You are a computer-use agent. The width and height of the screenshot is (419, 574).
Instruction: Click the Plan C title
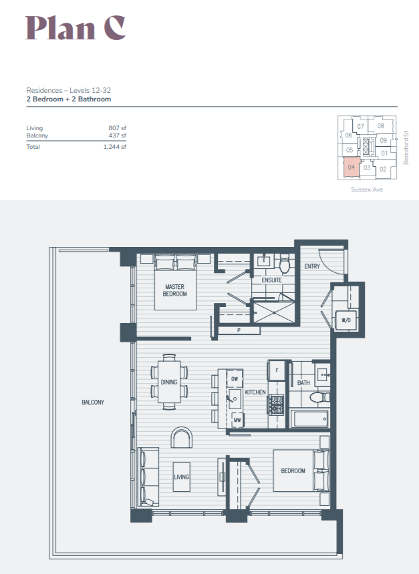click(76, 28)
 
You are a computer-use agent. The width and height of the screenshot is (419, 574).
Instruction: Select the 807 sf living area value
click(118, 128)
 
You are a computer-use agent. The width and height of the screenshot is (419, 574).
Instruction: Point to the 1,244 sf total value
click(115, 147)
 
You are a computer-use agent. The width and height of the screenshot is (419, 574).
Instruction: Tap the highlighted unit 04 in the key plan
click(351, 168)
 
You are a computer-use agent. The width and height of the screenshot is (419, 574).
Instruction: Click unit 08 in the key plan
click(381, 126)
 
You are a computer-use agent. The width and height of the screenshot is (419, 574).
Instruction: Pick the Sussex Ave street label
click(367, 190)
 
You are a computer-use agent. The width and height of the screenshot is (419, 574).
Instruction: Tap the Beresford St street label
click(406, 148)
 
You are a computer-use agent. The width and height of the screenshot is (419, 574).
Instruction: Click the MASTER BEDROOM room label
click(175, 290)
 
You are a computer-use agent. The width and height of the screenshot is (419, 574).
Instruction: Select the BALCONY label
click(93, 402)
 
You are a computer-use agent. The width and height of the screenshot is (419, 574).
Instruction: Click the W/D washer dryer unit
click(345, 320)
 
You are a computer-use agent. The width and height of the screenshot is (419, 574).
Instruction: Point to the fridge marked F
click(277, 370)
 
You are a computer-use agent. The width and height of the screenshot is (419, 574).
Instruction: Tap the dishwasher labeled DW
click(235, 379)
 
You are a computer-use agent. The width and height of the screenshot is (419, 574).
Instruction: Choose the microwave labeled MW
click(237, 420)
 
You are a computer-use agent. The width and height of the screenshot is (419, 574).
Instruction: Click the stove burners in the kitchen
click(277, 404)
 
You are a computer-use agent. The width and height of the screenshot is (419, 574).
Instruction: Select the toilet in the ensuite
click(285, 264)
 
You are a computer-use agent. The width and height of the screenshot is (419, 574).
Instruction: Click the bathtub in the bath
click(311, 418)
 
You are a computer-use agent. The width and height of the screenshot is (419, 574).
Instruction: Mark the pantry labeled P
click(239, 330)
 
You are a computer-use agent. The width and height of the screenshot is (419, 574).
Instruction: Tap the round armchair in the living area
click(182, 437)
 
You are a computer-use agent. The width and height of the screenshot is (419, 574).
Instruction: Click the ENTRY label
click(312, 266)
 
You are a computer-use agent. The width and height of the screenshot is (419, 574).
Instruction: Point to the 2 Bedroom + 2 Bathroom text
click(69, 99)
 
